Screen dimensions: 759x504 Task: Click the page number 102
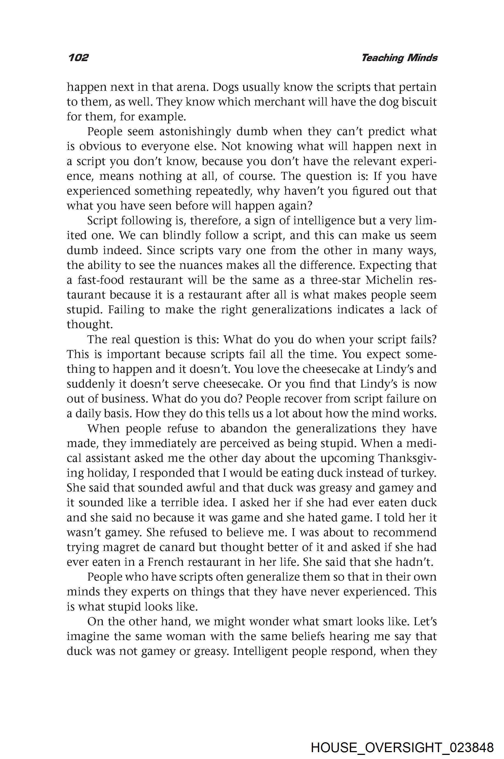click(x=78, y=58)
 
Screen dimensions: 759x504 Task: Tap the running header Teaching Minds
click(x=399, y=58)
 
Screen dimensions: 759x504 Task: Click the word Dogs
click(x=225, y=87)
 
